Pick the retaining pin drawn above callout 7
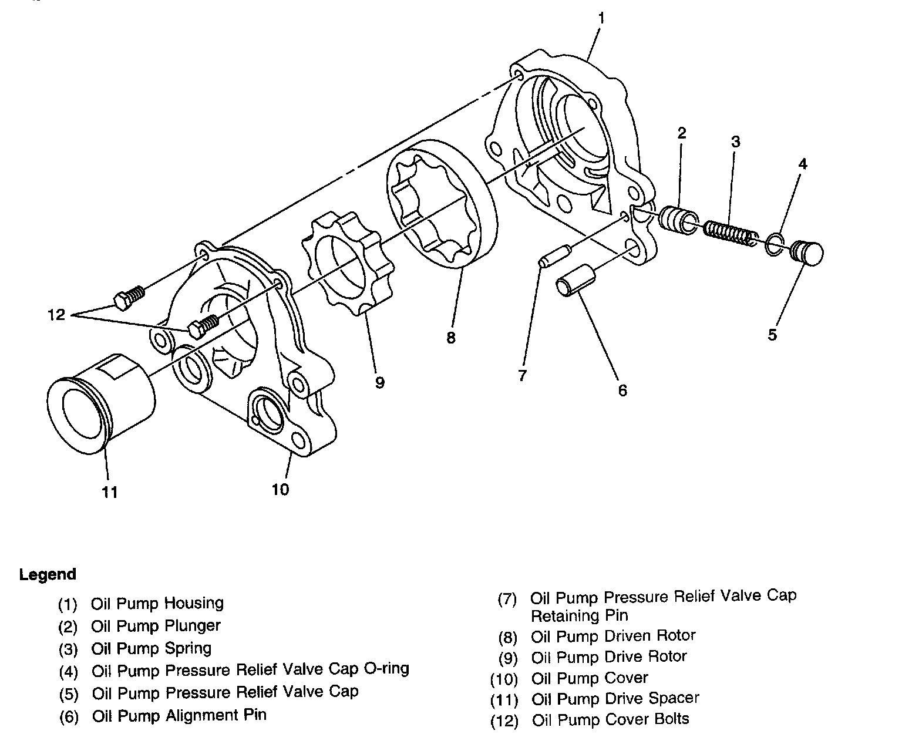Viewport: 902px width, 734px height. tap(555, 254)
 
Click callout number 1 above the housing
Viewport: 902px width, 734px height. tap(601, 19)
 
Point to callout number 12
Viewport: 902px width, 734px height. tap(56, 316)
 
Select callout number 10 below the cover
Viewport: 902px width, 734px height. tap(280, 489)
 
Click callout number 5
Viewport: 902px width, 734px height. tap(772, 334)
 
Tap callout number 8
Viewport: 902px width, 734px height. tap(450, 338)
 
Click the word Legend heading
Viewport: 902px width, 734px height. tap(48, 574)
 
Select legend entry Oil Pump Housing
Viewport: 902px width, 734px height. tap(157, 604)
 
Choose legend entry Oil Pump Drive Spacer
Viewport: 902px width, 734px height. tap(615, 699)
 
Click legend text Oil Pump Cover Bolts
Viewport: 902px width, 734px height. tap(610, 719)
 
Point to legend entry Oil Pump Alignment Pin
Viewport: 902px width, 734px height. tap(179, 716)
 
